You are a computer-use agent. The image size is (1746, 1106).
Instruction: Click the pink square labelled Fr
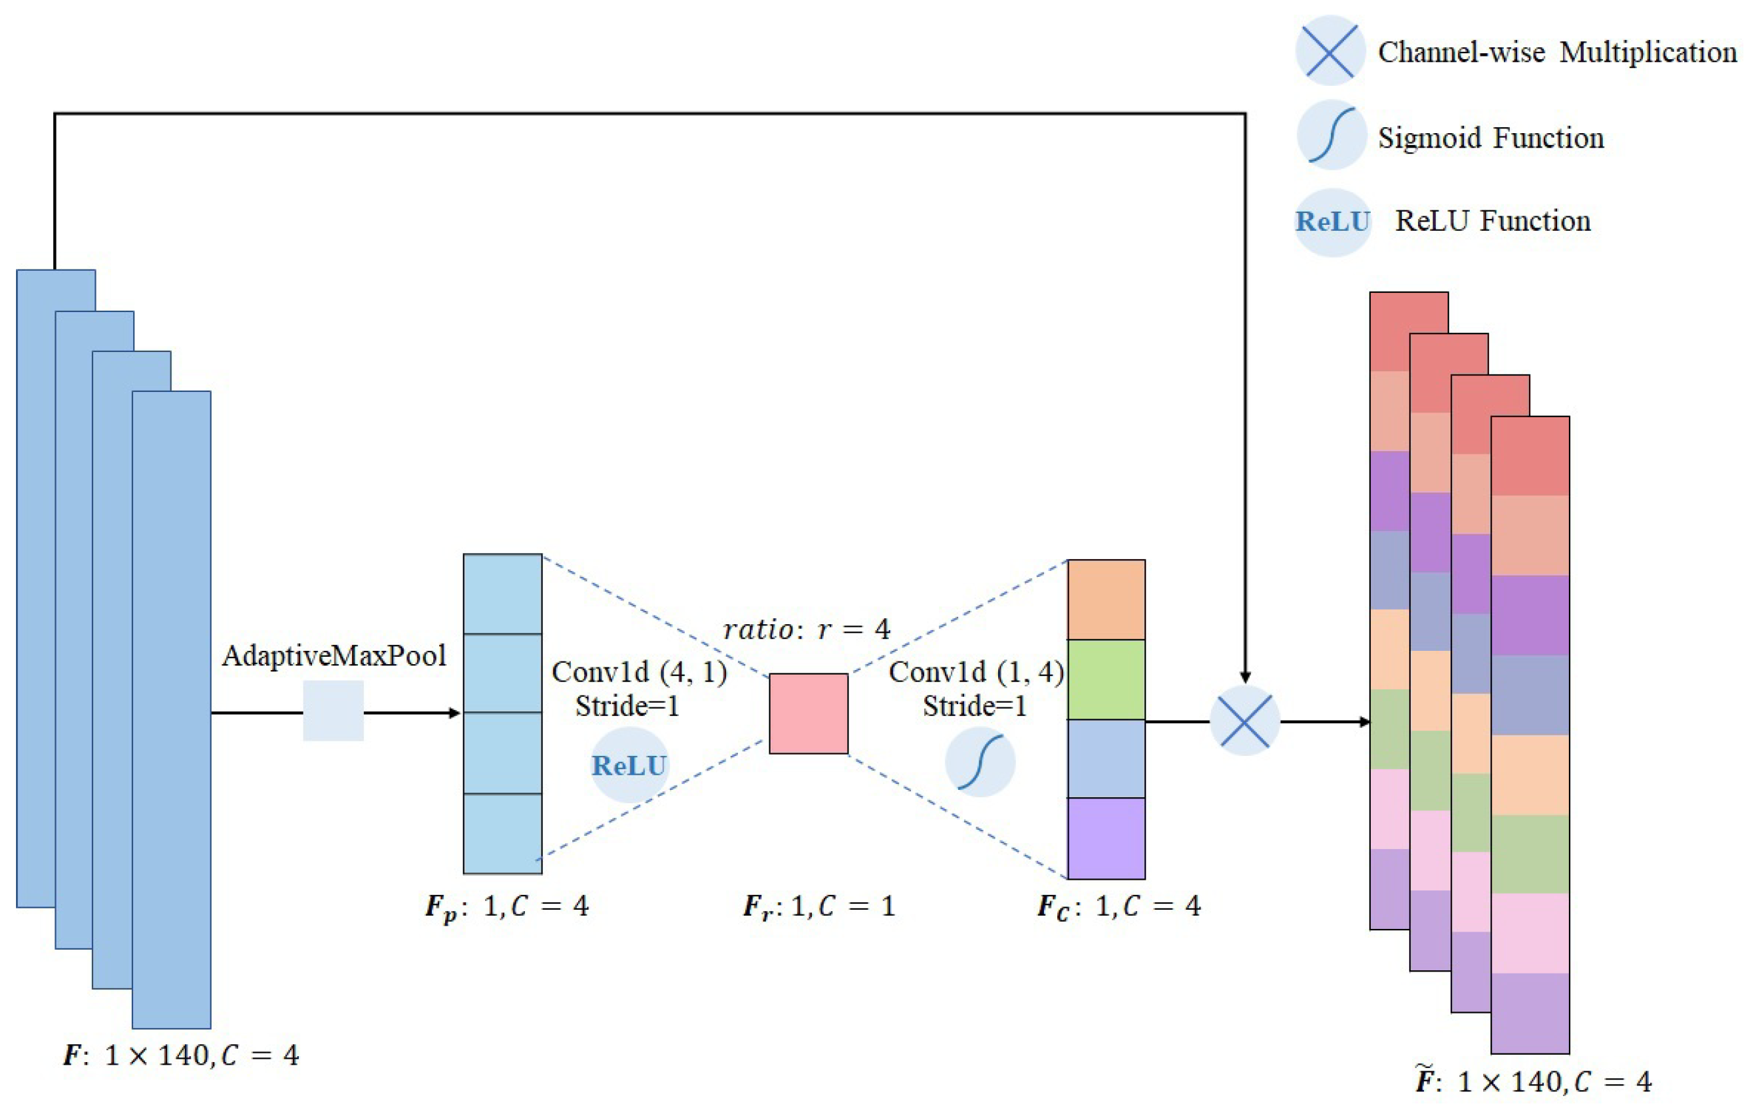[x=808, y=713]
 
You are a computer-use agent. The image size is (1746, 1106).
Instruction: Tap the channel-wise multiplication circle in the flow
[x=1244, y=721]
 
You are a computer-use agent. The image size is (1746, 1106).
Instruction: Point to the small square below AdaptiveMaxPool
[x=333, y=710]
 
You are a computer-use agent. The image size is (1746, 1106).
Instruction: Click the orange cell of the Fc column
[x=1106, y=599]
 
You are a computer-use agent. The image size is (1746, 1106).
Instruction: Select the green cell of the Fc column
[x=1106, y=679]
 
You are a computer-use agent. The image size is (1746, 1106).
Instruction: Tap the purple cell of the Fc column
[x=1106, y=838]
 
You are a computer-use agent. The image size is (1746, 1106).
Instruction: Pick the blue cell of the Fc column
[x=1106, y=759]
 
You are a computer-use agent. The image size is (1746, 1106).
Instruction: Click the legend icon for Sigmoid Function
[x=1331, y=135]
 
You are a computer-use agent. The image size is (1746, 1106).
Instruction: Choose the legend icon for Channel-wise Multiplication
[x=1330, y=51]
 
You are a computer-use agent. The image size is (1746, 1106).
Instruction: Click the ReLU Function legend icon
[x=1332, y=221]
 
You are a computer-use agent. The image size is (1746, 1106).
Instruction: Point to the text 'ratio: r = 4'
[x=806, y=629]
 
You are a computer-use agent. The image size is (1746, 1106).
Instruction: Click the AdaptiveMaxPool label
[x=333, y=655]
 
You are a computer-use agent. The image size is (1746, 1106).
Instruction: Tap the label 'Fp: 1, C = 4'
[x=507, y=906]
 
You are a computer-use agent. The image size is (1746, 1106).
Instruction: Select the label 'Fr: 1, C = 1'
[x=818, y=906]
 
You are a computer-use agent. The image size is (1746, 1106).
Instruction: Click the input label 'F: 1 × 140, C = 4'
[x=180, y=1055]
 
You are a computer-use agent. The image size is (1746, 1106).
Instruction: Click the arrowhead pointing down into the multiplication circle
[x=1245, y=677]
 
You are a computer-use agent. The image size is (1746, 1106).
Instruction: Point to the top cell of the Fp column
[x=502, y=594]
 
